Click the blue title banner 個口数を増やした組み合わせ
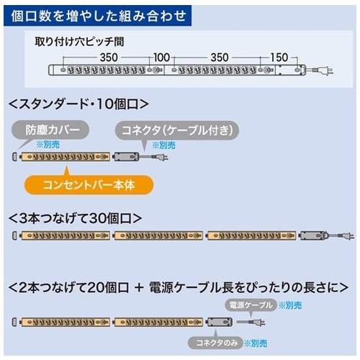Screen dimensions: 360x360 pyautogui.click(x=97, y=16)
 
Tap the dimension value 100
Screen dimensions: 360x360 pyautogui.click(x=161, y=58)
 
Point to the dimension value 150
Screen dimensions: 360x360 pyautogui.click(x=279, y=58)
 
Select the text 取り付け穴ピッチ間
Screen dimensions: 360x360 pyautogui.click(x=79, y=42)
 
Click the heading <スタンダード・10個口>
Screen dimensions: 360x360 pyautogui.click(x=78, y=104)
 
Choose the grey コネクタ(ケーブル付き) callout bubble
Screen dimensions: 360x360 pyautogui.click(x=177, y=130)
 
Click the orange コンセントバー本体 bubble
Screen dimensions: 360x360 pyautogui.click(x=89, y=185)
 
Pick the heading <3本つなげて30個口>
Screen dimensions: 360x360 pyautogui.click(x=75, y=218)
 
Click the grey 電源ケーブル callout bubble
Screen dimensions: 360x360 pyautogui.click(x=251, y=305)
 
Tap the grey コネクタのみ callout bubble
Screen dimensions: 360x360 pyautogui.click(x=216, y=343)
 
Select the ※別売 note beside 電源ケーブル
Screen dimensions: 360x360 pyautogui.click(x=290, y=305)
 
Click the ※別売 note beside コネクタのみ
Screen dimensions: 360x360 pyautogui.click(x=256, y=343)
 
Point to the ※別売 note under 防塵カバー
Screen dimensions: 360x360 pyautogui.click(x=48, y=145)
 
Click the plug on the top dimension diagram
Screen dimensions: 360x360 pyautogui.click(x=323, y=71)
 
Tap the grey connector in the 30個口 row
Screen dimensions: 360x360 pyautogui.click(x=313, y=235)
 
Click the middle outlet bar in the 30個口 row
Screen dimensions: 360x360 pyautogui.click(x=158, y=235)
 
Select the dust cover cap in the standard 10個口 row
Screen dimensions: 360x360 pyautogui.click(x=15, y=156)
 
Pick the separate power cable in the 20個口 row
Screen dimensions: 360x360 pyautogui.click(x=251, y=322)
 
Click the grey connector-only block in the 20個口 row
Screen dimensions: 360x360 pyautogui.click(x=220, y=322)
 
